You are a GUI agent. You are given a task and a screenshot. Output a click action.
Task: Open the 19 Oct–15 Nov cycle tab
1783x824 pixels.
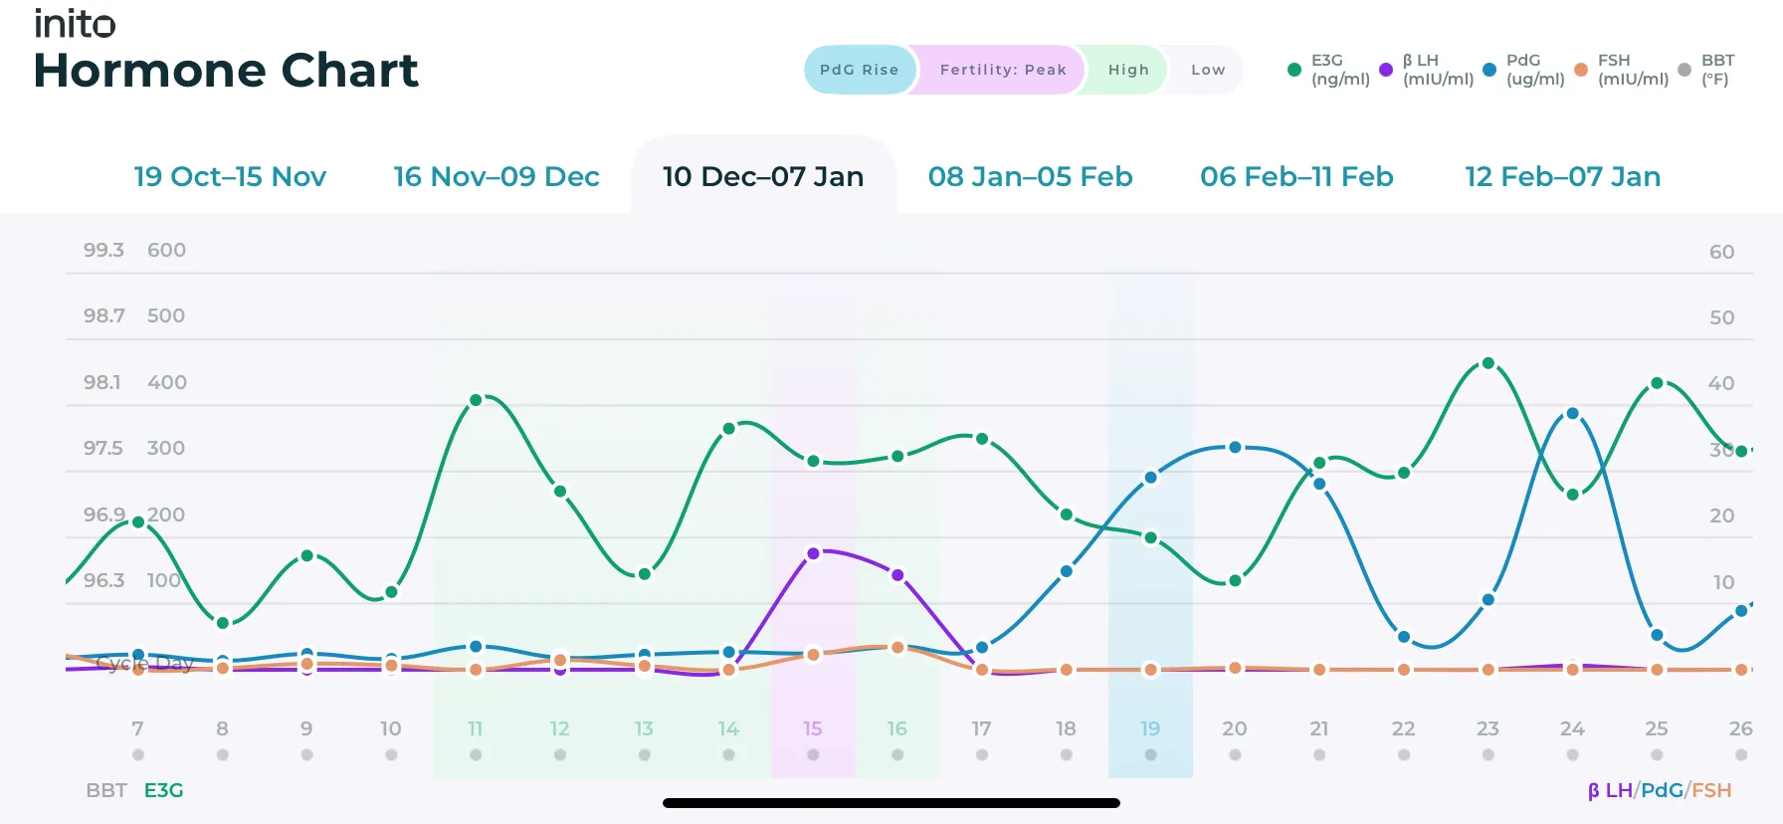tap(230, 176)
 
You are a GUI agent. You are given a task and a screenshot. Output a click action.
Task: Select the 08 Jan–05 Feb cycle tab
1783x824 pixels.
tap(1030, 176)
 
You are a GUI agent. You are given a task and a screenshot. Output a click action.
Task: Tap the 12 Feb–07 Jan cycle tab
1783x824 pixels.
tap(1562, 176)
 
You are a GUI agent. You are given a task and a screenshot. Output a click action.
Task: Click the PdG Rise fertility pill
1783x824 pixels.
tap(859, 70)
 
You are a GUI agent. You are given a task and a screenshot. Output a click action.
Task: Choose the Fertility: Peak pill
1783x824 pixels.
tap(1002, 70)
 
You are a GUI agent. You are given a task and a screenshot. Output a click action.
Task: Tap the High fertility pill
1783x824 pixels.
tap(1128, 70)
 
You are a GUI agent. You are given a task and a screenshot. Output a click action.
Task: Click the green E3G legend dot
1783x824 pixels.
tap(1293, 70)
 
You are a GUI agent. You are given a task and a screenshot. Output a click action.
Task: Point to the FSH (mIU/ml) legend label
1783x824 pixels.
tap(1633, 70)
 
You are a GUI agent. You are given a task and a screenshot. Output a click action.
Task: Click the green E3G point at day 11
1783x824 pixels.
tap(476, 400)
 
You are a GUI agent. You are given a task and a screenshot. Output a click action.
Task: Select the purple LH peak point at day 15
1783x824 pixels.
tap(813, 553)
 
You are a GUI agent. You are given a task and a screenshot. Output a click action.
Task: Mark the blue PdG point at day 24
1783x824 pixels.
tap(1572, 413)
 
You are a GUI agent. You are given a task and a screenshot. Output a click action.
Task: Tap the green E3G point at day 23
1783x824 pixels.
tap(1487, 363)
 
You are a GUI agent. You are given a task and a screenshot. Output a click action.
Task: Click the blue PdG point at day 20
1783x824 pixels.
tap(1235, 447)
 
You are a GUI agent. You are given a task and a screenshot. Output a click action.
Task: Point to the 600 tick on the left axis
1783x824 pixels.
tap(166, 250)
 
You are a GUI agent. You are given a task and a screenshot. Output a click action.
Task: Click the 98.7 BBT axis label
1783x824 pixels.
tap(103, 315)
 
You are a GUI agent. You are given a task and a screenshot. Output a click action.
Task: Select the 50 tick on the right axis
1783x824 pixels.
tap(1721, 317)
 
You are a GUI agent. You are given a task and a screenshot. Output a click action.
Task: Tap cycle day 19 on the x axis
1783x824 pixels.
tap(1150, 728)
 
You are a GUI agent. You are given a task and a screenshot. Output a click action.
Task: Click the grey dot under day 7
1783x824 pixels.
tap(138, 754)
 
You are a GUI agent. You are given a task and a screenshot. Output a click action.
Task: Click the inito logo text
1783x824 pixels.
tap(75, 23)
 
